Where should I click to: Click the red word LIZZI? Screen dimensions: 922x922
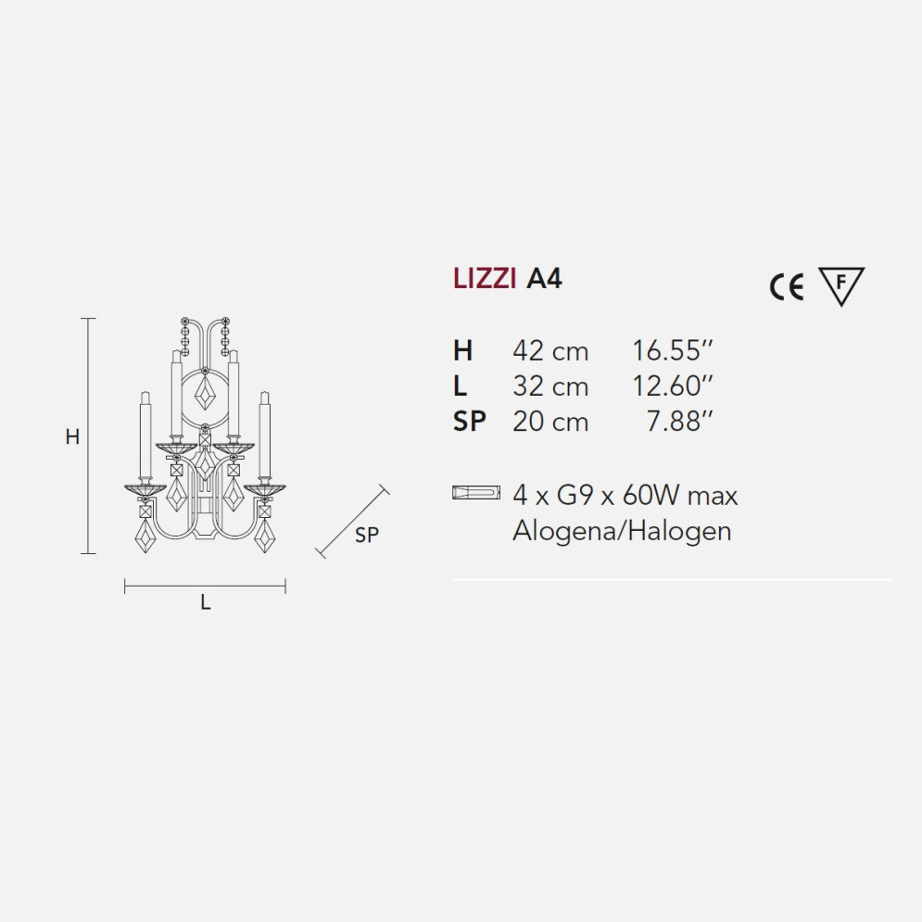485,279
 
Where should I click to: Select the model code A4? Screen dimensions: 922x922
544,279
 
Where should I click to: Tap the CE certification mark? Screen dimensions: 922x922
786,288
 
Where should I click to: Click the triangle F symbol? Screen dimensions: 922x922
840,284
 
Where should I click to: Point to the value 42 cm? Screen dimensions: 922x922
550,351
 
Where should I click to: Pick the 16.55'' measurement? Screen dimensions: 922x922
672,351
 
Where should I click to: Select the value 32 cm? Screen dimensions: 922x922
550,386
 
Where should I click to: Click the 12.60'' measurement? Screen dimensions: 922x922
672,386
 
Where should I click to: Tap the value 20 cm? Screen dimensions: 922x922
550,422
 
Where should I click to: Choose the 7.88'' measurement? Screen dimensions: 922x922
679,422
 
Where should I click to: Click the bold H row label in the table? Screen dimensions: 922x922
462,351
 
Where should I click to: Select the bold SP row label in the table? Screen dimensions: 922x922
470,422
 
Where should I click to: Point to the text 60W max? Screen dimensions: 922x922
680,495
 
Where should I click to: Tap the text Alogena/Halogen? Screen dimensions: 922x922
622,531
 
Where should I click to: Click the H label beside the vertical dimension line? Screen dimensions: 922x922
72,437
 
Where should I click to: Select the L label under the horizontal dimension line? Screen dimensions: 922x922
206,602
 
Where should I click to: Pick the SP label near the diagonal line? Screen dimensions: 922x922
367,535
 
